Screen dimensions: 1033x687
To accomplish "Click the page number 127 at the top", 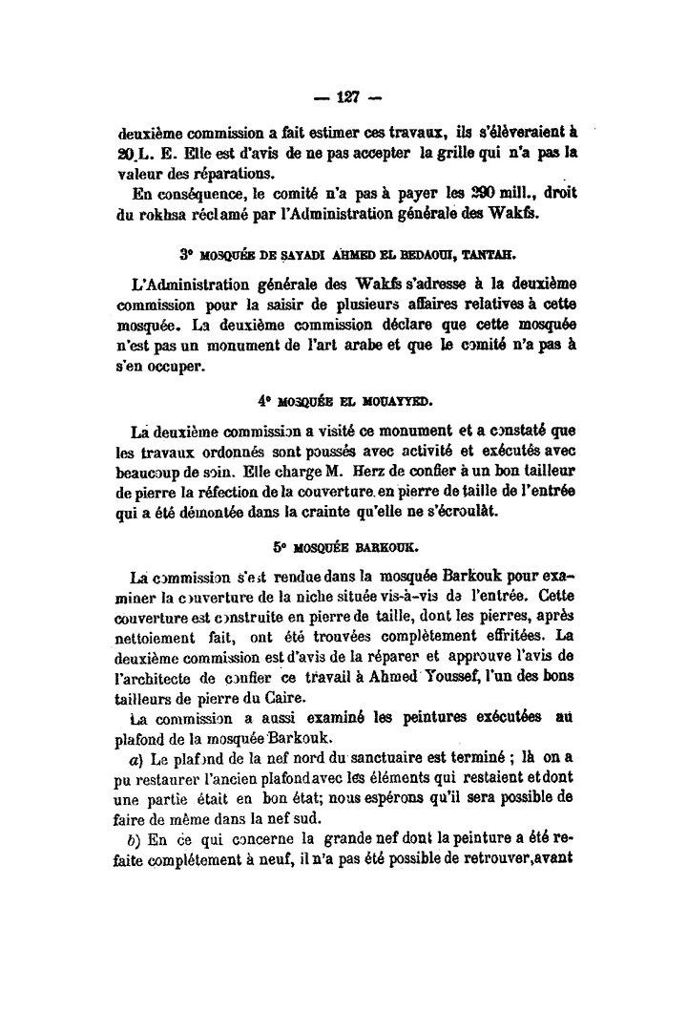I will click(344, 97).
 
